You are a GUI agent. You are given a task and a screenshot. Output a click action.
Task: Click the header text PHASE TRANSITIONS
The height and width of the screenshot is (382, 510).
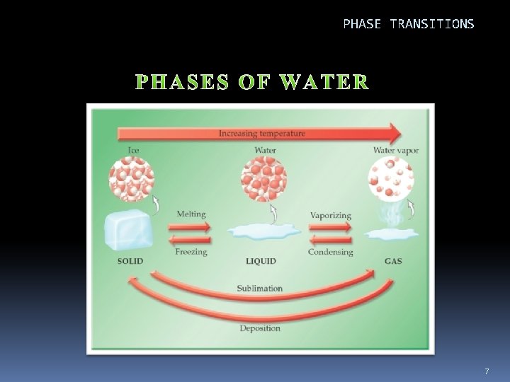pyautogui.click(x=409, y=24)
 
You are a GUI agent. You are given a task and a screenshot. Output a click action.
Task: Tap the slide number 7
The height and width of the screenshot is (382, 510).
pyautogui.click(x=487, y=371)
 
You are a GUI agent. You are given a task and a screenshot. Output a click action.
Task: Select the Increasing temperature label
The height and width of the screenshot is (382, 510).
pyautogui.click(x=262, y=133)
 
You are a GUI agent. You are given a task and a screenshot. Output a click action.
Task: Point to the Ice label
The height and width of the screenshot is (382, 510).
pyautogui.click(x=134, y=150)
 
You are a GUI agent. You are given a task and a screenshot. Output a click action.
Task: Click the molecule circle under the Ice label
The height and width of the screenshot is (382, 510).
pyautogui.click(x=131, y=179)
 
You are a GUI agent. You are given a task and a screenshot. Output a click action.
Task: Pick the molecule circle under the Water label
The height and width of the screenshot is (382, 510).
pyautogui.click(x=264, y=179)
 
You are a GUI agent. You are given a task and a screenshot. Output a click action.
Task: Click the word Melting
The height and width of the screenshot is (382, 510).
pyautogui.click(x=192, y=214)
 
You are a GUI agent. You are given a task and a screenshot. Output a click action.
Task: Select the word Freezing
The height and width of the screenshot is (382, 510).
pyautogui.click(x=191, y=251)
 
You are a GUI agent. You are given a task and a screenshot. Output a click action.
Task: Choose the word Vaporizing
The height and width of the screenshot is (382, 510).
pyautogui.click(x=330, y=214)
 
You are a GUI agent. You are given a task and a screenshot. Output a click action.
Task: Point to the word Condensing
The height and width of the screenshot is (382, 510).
pyautogui.click(x=331, y=251)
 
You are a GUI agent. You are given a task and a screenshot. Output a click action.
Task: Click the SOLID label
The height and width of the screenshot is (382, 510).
pyautogui.click(x=130, y=261)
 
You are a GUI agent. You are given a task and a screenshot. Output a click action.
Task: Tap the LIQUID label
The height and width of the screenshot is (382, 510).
pyautogui.click(x=261, y=261)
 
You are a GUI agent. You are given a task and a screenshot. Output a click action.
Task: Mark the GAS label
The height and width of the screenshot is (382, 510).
pyautogui.click(x=393, y=261)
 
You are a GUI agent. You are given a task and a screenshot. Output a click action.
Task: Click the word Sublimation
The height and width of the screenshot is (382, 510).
pyautogui.click(x=261, y=289)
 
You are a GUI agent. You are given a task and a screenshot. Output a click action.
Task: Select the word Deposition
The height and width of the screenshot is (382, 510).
pyautogui.click(x=260, y=328)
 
